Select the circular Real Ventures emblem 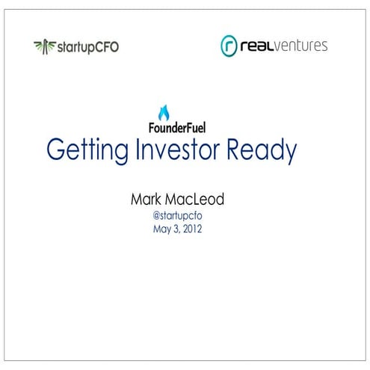(x=229, y=46)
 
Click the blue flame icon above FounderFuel (x=164, y=113)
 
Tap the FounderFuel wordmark (x=174, y=128)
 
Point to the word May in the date (x=161, y=230)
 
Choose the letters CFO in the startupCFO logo (x=105, y=46)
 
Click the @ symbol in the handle (x=156, y=216)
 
